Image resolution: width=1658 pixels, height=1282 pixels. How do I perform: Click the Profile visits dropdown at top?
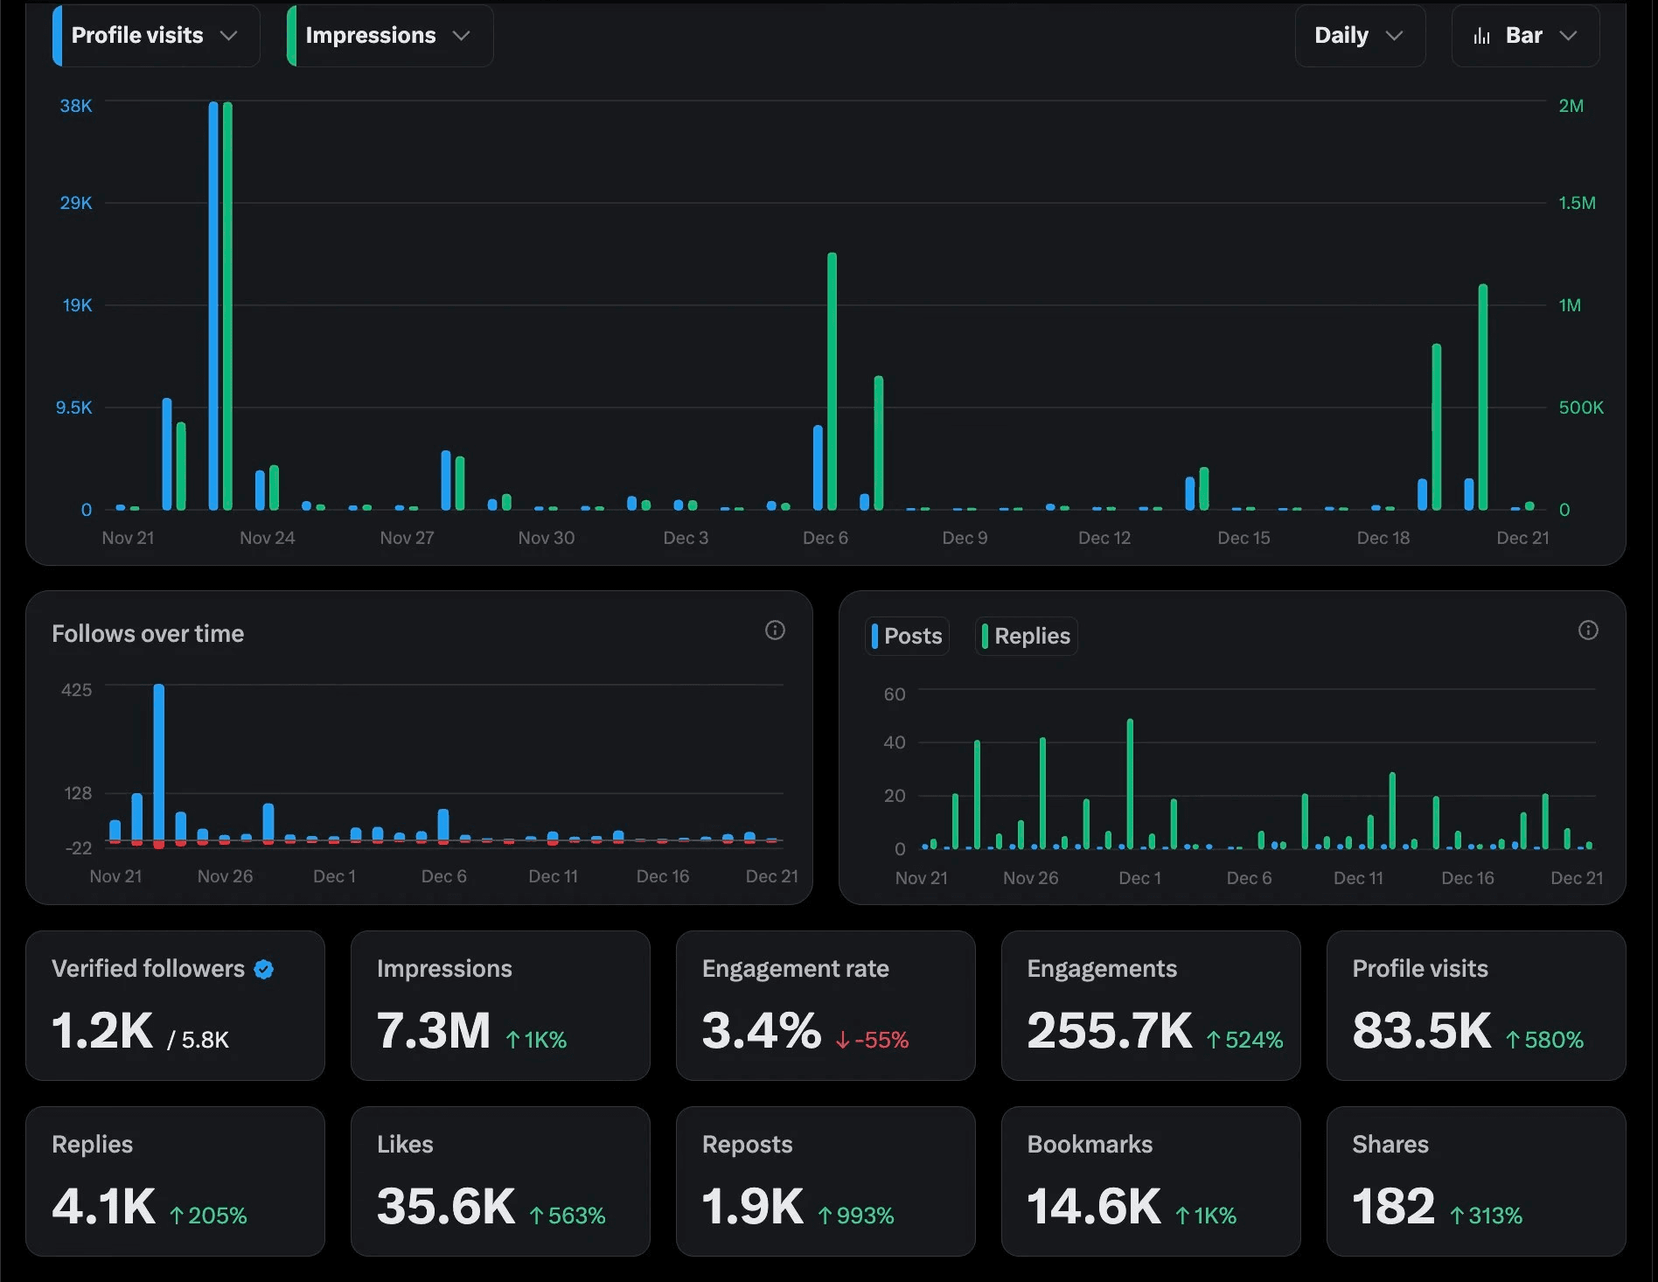[156, 36]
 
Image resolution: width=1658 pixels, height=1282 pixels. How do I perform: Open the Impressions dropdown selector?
[389, 36]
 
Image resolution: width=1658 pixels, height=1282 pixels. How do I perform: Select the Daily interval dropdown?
[1359, 36]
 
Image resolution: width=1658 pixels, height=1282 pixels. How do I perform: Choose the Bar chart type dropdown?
[1525, 36]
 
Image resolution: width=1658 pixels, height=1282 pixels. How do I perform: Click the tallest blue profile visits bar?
[213, 306]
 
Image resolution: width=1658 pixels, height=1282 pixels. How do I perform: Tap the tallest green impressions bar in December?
[832, 380]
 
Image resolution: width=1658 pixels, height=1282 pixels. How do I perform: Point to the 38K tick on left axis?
[76, 106]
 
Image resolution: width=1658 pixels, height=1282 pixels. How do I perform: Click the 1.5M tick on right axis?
[1577, 203]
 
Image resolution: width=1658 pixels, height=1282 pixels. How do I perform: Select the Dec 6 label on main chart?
[826, 538]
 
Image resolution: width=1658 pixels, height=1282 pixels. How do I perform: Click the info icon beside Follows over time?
[775, 631]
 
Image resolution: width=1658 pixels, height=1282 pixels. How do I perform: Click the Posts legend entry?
[908, 636]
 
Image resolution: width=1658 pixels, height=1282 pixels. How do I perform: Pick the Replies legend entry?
[1027, 636]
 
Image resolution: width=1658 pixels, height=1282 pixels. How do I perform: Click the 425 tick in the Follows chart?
[76, 690]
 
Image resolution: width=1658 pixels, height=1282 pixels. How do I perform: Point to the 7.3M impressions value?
[434, 1030]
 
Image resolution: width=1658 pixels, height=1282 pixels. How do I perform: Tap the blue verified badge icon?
[264, 969]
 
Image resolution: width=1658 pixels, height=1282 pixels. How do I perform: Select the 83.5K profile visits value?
[1421, 1030]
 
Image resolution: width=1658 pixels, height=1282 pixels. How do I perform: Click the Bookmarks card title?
[1090, 1144]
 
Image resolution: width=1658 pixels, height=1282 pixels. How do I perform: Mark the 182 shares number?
[1393, 1206]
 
